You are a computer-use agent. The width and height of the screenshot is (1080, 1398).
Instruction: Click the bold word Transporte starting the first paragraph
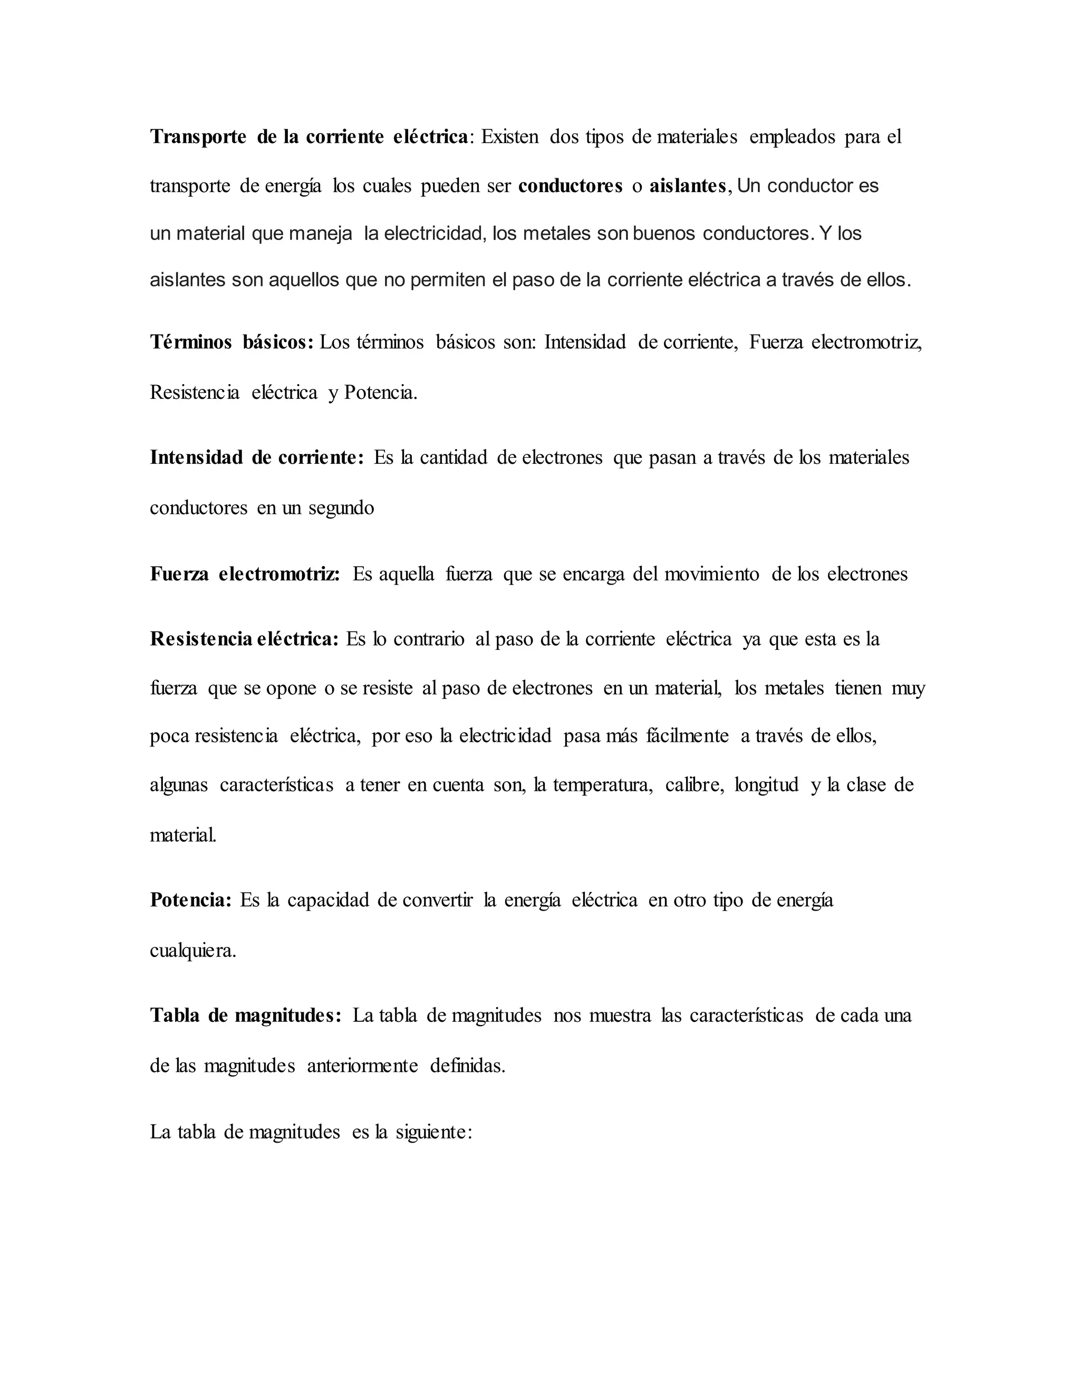point(198,137)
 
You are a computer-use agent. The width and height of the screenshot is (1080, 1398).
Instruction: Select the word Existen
point(509,137)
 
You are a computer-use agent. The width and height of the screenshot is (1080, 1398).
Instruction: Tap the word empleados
point(792,137)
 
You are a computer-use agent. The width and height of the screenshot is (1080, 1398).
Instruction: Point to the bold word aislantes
point(688,186)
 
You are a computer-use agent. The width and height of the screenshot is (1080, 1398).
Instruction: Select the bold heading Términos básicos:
point(232,342)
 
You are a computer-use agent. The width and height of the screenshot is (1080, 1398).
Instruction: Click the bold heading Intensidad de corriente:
point(257,458)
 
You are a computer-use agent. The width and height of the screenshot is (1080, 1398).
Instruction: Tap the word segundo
point(341,508)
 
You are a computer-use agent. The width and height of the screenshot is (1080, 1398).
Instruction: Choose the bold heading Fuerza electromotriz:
point(245,574)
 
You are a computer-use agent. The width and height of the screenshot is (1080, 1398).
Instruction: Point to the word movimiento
point(711,574)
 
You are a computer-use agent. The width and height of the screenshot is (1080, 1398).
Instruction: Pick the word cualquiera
point(192,951)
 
